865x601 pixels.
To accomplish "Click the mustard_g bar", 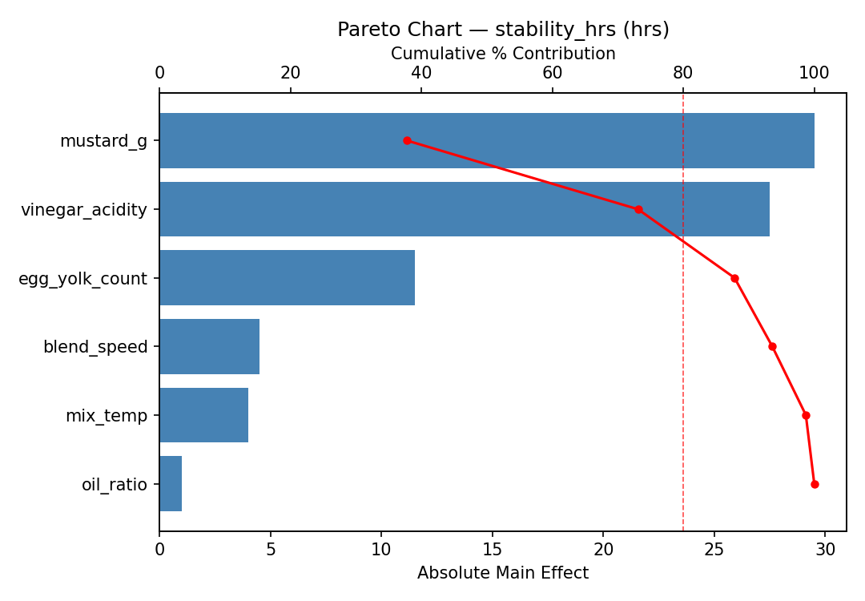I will (x=486, y=141).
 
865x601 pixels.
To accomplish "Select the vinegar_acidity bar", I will (x=464, y=209).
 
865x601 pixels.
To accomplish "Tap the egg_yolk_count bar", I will (x=287, y=278).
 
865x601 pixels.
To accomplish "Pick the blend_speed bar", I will (x=209, y=346).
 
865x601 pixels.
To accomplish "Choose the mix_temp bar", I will (x=203, y=415).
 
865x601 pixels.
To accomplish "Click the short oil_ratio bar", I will (x=171, y=484).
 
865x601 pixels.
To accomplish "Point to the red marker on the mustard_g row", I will (x=407, y=141).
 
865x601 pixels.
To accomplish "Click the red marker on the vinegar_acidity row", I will (x=638, y=209).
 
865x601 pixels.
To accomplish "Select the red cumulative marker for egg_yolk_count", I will (x=734, y=278).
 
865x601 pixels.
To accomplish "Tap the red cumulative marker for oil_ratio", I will (x=815, y=484).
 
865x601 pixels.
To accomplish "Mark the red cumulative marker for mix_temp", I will (x=806, y=415).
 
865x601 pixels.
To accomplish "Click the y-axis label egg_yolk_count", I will (x=83, y=279).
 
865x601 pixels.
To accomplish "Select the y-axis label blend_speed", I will (x=95, y=347).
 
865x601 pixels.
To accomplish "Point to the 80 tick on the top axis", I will (x=683, y=74).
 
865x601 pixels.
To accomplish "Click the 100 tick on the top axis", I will (x=814, y=74).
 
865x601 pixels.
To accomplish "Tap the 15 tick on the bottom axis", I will (x=493, y=550).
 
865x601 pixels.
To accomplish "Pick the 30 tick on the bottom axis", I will (x=825, y=550).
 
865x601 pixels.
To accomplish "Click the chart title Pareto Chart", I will (x=503, y=30).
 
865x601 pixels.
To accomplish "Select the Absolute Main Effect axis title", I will (x=503, y=574).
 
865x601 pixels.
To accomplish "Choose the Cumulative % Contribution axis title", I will (x=503, y=54).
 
